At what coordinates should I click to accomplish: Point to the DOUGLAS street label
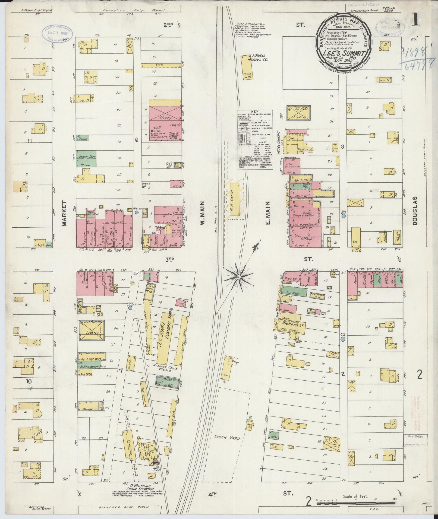pyautogui.click(x=414, y=214)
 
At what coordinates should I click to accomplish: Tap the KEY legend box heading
pyautogui.click(x=255, y=112)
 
